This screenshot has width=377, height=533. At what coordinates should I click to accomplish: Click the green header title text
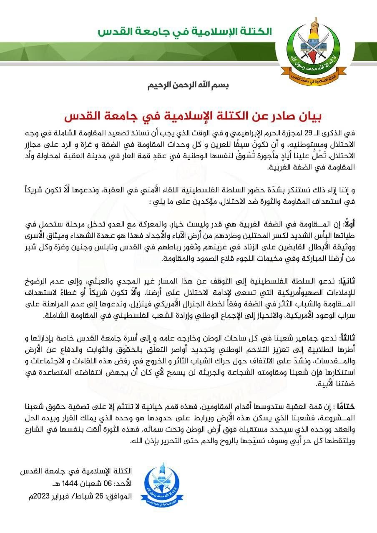[x=185, y=32]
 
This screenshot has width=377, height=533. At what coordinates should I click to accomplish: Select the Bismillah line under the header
[x=188, y=86]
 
